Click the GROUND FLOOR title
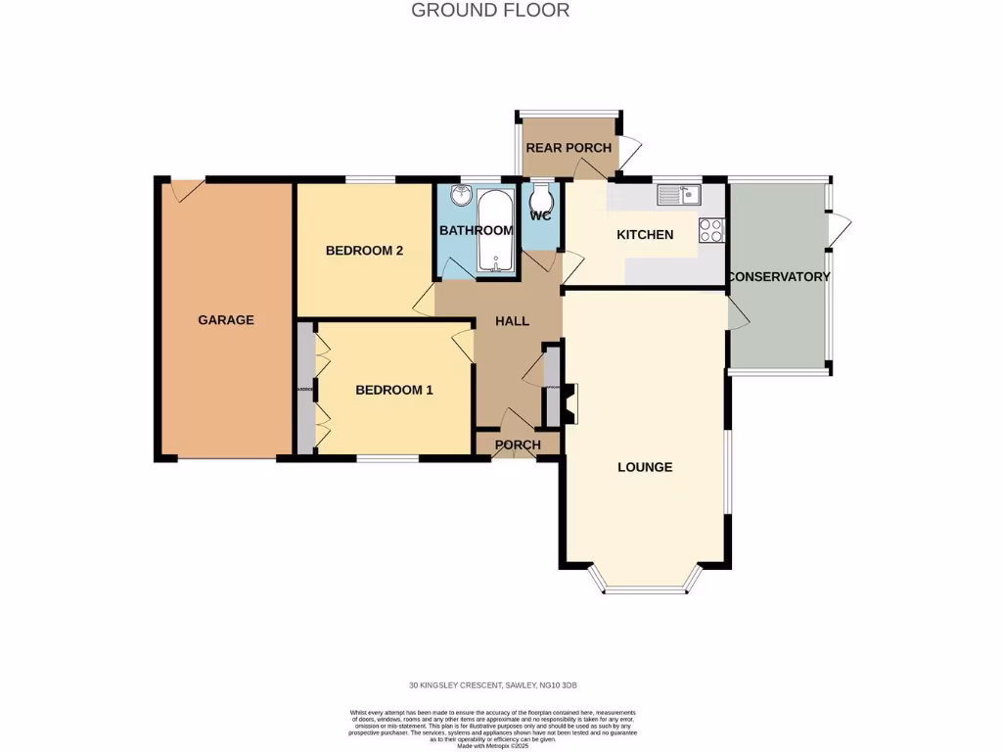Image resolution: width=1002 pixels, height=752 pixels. [x=490, y=11]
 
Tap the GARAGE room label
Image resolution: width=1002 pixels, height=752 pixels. [x=226, y=320]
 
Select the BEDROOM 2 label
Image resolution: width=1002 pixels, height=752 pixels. [x=364, y=251]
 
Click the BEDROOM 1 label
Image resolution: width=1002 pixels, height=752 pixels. [x=393, y=390]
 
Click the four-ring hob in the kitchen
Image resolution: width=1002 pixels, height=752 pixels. [x=710, y=230]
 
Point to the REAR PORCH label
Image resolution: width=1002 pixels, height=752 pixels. [x=569, y=148]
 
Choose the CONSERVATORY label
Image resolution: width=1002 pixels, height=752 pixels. [x=779, y=277]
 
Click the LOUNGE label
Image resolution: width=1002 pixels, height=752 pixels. [x=645, y=467]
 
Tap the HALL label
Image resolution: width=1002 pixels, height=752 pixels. [x=512, y=321]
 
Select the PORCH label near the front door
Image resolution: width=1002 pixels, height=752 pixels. [x=518, y=446]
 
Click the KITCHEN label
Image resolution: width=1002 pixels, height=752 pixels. [x=644, y=235]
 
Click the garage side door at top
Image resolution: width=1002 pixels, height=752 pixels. [x=187, y=189]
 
